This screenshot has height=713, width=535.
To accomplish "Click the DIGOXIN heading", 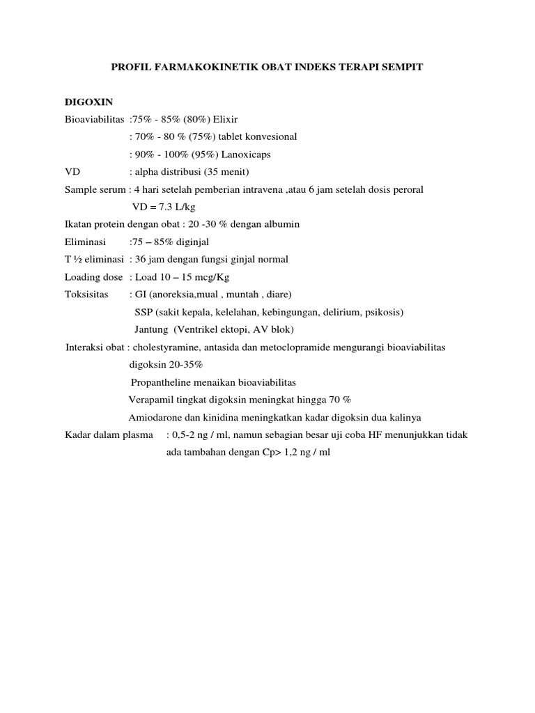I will [x=88, y=102].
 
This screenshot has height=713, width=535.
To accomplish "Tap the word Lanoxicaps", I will [x=260, y=155].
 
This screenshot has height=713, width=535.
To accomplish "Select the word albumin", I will [x=281, y=224].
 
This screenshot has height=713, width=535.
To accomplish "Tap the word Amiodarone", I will [x=156, y=417].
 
